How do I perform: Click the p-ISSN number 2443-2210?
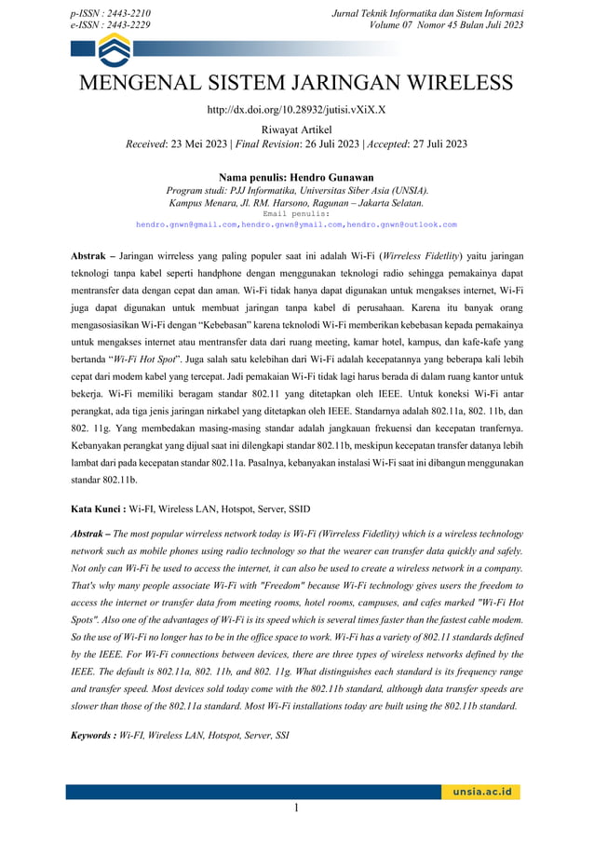click(x=127, y=13)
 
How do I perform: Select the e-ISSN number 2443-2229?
click(x=127, y=25)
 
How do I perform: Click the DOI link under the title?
click(x=296, y=109)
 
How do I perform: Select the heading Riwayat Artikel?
click(x=296, y=129)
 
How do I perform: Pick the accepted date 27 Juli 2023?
click(x=425, y=144)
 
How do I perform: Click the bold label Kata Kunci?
click(x=98, y=509)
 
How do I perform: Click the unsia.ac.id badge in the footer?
click(x=481, y=793)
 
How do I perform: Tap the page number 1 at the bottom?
click(x=296, y=808)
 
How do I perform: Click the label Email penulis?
click(x=296, y=213)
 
